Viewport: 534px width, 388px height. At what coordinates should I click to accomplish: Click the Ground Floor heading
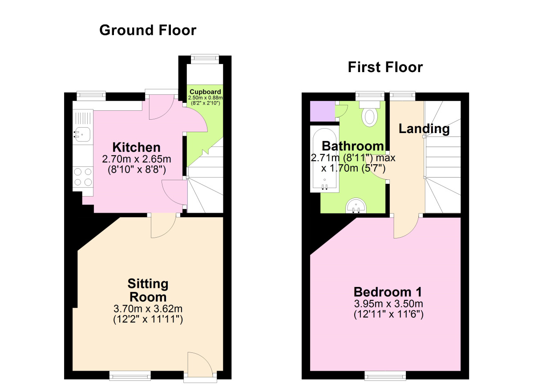point(147,30)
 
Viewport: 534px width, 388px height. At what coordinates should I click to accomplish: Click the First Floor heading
point(385,67)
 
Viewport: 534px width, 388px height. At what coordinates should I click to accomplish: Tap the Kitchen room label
point(136,147)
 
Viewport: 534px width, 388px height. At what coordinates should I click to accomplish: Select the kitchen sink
point(83,133)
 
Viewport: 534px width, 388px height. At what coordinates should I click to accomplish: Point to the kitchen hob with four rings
point(83,177)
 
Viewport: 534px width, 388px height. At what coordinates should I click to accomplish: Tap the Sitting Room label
point(148,290)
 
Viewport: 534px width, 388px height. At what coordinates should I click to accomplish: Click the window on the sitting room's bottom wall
point(124,376)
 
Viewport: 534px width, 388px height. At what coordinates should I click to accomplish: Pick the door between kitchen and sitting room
point(163,226)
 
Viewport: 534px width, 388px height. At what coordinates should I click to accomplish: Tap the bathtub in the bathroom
point(324,159)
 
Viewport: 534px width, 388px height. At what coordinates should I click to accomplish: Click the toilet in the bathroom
point(370,113)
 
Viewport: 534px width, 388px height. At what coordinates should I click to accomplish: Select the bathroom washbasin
point(356,206)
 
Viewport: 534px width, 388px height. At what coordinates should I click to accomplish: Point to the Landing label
point(424,129)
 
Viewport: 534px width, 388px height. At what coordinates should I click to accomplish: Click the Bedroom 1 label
point(388,292)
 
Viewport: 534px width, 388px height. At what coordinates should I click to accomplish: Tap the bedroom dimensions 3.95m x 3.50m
point(388,304)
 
